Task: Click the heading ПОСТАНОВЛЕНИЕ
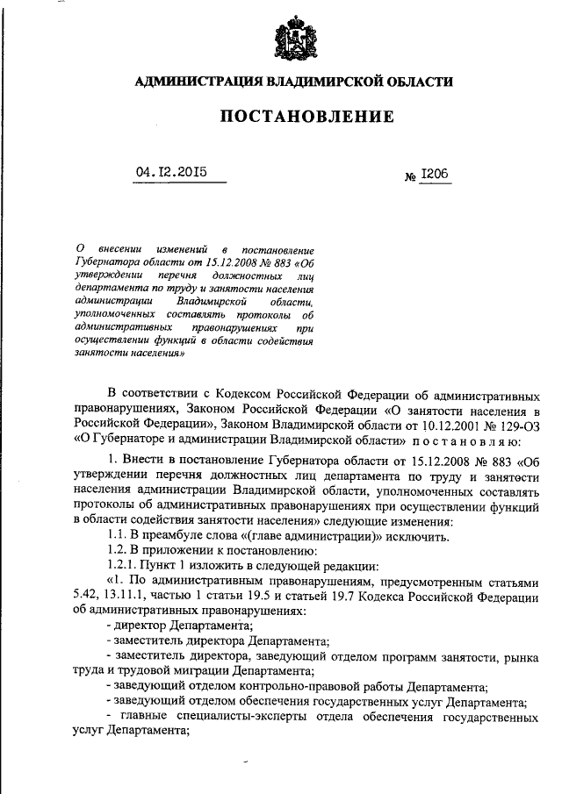[x=294, y=117]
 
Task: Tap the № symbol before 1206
[x=409, y=177]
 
